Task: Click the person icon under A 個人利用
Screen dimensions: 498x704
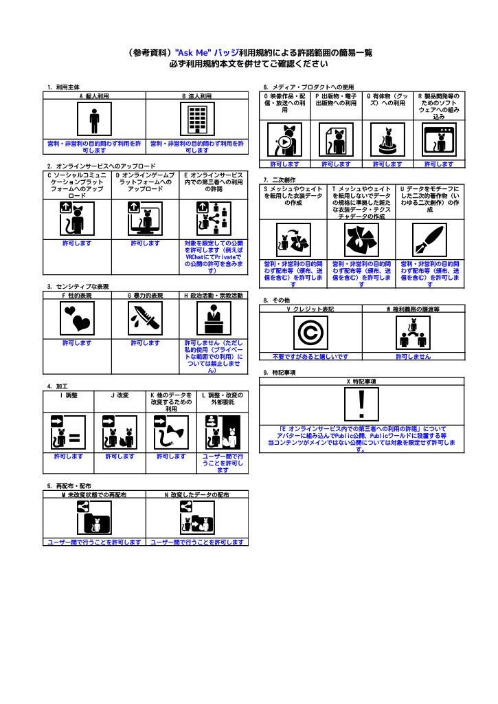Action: coord(94,119)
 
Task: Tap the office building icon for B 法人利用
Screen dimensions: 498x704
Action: coord(197,119)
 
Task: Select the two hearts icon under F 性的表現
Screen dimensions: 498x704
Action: coord(77,318)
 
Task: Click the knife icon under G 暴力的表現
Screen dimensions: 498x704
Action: coord(146,318)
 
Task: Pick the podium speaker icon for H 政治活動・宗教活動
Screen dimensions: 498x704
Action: coord(214,318)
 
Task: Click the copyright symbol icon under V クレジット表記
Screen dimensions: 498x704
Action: coord(310,333)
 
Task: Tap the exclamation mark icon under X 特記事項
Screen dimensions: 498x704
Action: coord(361,404)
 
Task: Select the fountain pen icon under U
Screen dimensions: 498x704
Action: coord(430,241)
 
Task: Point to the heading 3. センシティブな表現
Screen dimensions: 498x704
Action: coord(78,287)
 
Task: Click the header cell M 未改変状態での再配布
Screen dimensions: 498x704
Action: coord(94,495)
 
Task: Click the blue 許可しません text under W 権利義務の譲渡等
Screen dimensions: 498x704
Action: coord(414,357)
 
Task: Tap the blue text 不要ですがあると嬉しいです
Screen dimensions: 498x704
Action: coord(310,357)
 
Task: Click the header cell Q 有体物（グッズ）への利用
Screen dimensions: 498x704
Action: coord(387,100)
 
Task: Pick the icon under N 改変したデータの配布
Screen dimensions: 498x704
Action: coord(197,518)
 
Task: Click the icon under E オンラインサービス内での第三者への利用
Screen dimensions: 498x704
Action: coord(214,219)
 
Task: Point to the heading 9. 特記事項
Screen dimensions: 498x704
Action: coord(280,373)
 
